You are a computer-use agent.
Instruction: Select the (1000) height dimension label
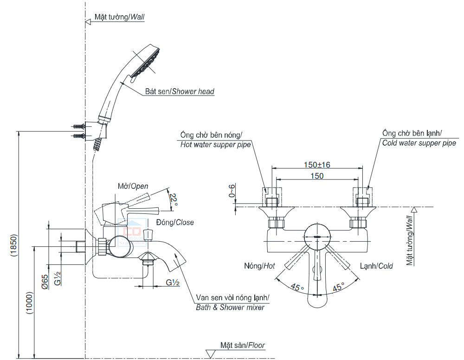click(x=29, y=304)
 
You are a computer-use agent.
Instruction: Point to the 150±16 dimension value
click(x=317, y=165)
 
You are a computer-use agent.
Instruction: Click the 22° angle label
click(x=174, y=200)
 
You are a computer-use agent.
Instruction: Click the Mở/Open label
click(x=133, y=186)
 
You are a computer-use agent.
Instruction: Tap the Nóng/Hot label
click(x=259, y=266)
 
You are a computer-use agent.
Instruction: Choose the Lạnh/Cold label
click(x=376, y=266)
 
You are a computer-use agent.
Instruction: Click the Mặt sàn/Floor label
click(x=243, y=345)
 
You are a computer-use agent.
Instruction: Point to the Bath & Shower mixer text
click(x=230, y=307)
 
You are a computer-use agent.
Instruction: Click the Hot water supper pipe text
click(x=215, y=145)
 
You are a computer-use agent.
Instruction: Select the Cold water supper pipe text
click(x=419, y=143)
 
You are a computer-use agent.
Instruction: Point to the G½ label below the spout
click(x=173, y=283)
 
